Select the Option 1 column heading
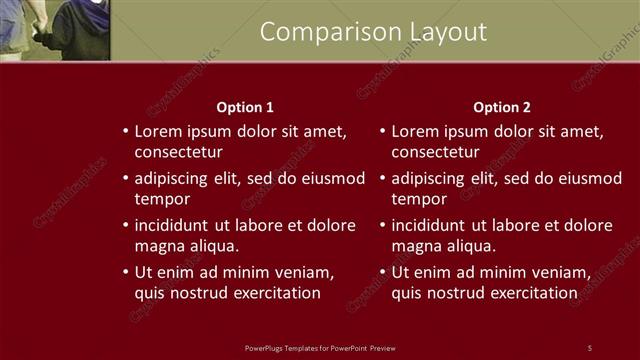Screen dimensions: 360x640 click(x=245, y=107)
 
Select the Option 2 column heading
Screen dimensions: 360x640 click(x=502, y=107)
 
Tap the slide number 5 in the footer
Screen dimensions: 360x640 click(x=590, y=348)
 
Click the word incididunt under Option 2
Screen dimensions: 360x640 click(x=434, y=225)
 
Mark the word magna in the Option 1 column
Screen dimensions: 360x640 click(x=158, y=246)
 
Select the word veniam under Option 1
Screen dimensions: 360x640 click(x=305, y=272)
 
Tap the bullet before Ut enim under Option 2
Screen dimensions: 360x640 click(x=382, y=272)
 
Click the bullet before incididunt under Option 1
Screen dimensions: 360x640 click(x=125, y=225)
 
